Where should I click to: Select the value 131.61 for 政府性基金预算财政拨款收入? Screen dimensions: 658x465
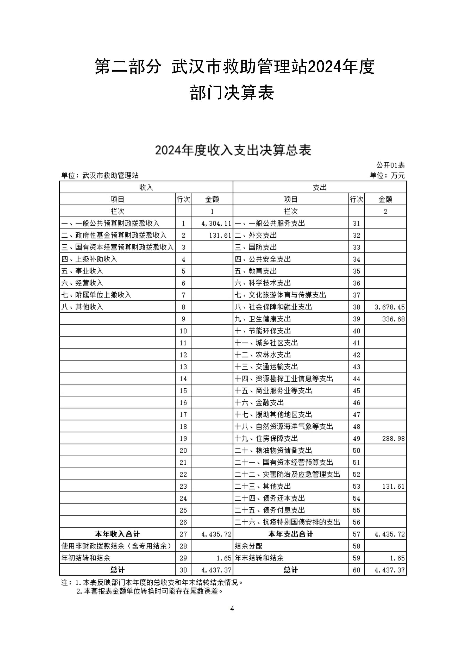pos(220,235)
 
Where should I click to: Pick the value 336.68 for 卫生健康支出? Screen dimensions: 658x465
pos(393,319)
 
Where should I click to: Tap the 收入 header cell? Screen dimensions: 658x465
pos(146,187)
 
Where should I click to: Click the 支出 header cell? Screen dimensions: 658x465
pos(319,187)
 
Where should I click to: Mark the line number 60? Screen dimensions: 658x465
pos(356,570)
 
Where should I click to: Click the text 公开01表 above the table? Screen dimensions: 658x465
pos(390,165)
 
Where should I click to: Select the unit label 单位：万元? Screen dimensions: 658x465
pos(387,175)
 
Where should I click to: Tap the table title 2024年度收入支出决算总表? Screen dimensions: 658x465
pos(233,150)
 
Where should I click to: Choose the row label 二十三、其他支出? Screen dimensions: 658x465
pos(263,486)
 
